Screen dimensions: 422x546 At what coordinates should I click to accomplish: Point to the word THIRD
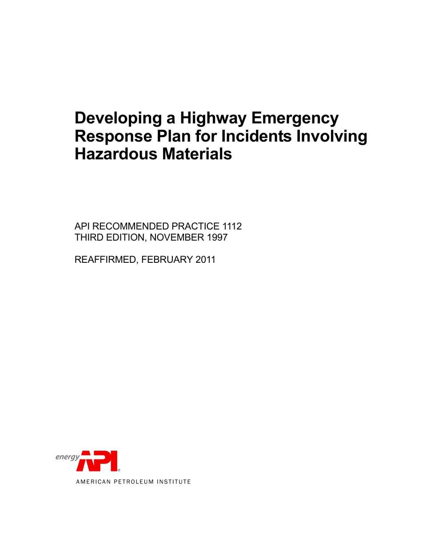pyautogui.click(x=88, y=237)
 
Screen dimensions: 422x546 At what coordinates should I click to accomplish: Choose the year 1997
pyautogui.click(x=217, y=237)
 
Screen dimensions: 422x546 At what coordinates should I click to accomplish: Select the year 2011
pyautogui.click(x=205, y=260)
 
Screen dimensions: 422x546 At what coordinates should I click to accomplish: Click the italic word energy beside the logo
pyautogui.click(x=67, y=457)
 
